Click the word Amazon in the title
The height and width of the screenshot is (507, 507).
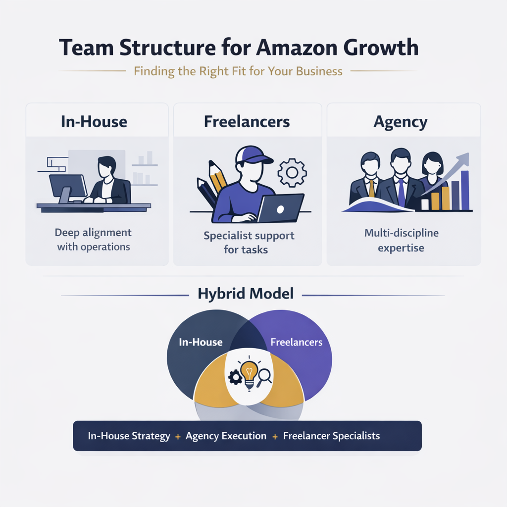pyautogui.click(x=295, y=49)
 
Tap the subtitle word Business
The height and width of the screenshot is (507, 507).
pyautogui.click(x=319, y=71)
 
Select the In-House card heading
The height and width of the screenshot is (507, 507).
pyautogui.click(x=94, y=121)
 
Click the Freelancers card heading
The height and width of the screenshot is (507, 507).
pyautogui.click(x=247, y=121)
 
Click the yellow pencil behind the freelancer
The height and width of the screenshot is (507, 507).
pyautogui.click(x=218, y=177)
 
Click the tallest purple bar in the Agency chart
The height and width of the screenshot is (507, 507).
pyautogui.click(x=464, y=191)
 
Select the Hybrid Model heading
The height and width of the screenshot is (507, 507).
pyautogui.click(x=246, y=294)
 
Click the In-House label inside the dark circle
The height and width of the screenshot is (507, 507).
pyautogui.click(x=201, y=342)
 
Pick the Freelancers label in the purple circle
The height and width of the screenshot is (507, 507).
pyautogui.click(x=296, y=342)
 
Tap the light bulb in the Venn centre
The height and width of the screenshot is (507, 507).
pyautogui.click(x=249, y=371)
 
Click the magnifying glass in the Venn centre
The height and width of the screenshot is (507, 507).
pyautogui.click(x=265, y=376)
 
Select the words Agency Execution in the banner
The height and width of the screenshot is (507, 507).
pyautogui.click(x=226, y=436)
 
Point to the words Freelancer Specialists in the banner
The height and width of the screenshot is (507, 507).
pyautogui.click(x=331, y=436)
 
